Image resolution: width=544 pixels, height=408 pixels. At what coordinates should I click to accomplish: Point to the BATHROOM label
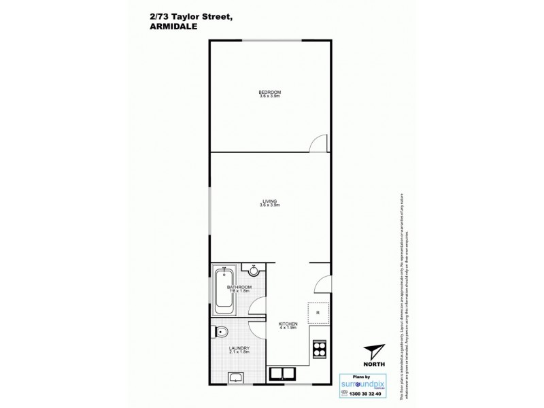pos(240,287)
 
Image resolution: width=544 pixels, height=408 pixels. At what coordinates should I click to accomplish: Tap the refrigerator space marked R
pos(318,312)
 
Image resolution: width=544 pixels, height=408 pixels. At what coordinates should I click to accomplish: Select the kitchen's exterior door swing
pos(324,284)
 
